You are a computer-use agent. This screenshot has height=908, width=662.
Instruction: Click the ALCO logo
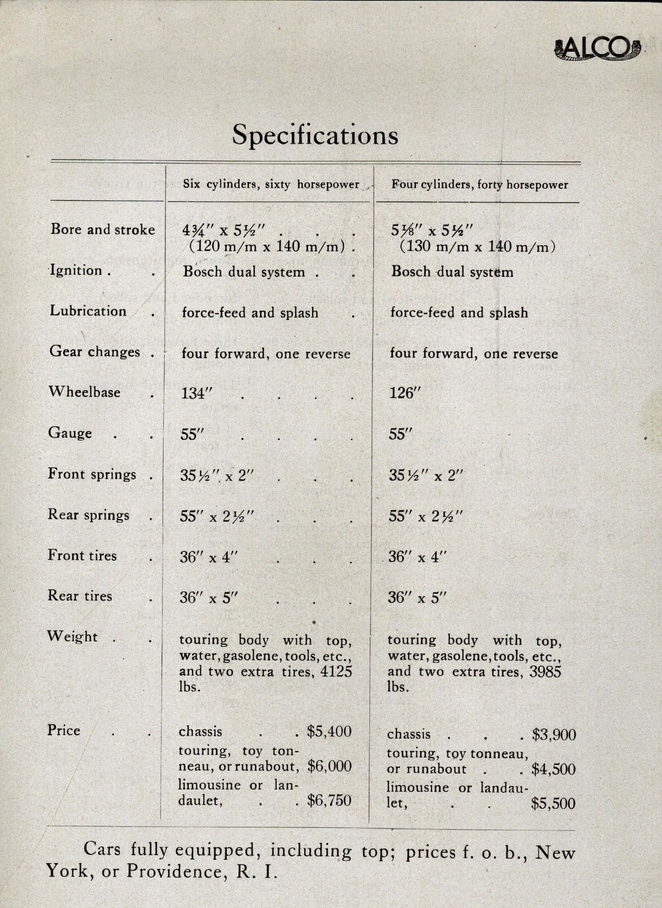(x=597, y=51)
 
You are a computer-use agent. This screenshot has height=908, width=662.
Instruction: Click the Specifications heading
(x=315, y=135)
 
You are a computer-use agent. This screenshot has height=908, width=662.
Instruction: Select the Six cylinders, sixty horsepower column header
(x=271, y=184)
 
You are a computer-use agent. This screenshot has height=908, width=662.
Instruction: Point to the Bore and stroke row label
(x=103, y=229)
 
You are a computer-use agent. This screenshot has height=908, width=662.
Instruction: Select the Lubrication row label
(x=88, y=311)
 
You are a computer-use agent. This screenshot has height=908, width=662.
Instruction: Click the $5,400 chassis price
(x=329, y=731)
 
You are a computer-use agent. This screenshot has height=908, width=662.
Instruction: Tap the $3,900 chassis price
(x=554, y=734)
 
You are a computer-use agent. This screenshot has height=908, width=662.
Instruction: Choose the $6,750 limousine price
(x=329, y=800)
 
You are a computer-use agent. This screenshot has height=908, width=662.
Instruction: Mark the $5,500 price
(x=553, y=803)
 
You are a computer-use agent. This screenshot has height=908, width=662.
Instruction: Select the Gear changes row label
(x=95, y=352)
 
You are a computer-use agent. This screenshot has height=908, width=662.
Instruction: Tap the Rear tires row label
(x=80, y=596)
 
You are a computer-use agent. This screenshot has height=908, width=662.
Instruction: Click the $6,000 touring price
(x=329, y=766)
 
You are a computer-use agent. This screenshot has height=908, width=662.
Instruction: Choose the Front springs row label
(x=92, y=474)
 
